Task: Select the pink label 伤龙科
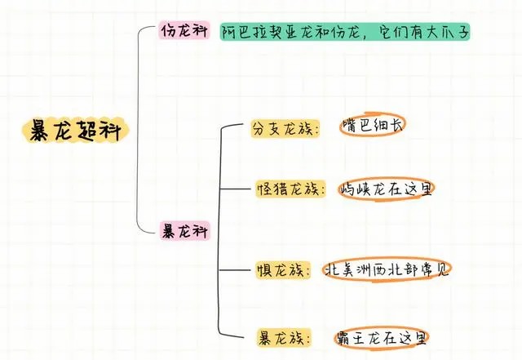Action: click(x=183, y=33)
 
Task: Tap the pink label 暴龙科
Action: click(x=183, y=230)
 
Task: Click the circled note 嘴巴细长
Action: click(x=372, y=127)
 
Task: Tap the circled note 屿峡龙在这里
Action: click(x=387, y=189)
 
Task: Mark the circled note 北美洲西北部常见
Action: click(x=387, y=269)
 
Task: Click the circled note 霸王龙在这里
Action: click(x=383, y=336)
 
